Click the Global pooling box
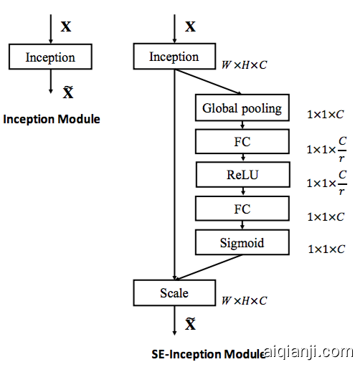click(242, 109)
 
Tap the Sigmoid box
click(242, 243)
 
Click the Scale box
click(174, 292)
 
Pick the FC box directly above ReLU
click(242, 141)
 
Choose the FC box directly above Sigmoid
click(242, 209)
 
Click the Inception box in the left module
click(50, 57)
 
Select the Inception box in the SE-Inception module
click(174, 57)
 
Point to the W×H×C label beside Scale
click(244, 300)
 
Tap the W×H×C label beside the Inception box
click(244, 65)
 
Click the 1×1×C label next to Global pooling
click(326, 113)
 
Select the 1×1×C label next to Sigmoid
click(326, 249)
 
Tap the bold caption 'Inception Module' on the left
click(52, 119)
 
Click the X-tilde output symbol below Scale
click(190, 325)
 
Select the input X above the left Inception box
click(66, 27)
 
